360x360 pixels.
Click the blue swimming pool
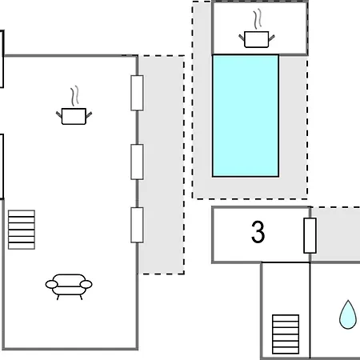point(246,116)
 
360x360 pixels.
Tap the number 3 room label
point(258,232)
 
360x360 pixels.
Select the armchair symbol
point(69,286)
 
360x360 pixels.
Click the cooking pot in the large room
point(74,116)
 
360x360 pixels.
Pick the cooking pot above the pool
point(257,39)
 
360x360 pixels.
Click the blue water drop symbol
point(348,314)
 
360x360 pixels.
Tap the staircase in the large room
point(22,230)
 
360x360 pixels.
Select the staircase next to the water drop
point(286,334)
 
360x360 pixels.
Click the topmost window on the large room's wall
point(137,93)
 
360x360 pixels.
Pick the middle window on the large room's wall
point(137,162)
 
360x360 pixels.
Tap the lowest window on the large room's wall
point(137,225)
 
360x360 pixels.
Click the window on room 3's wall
point(310,235)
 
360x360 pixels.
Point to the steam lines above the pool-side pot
point(258,19)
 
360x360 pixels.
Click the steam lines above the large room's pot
point(75,95)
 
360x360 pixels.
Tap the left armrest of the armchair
point(51,284)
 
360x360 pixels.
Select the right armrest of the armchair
point(86,284)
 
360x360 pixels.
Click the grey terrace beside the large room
point(161,165)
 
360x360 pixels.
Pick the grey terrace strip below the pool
point(250,188)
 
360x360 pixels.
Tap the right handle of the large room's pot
point(89,115)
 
